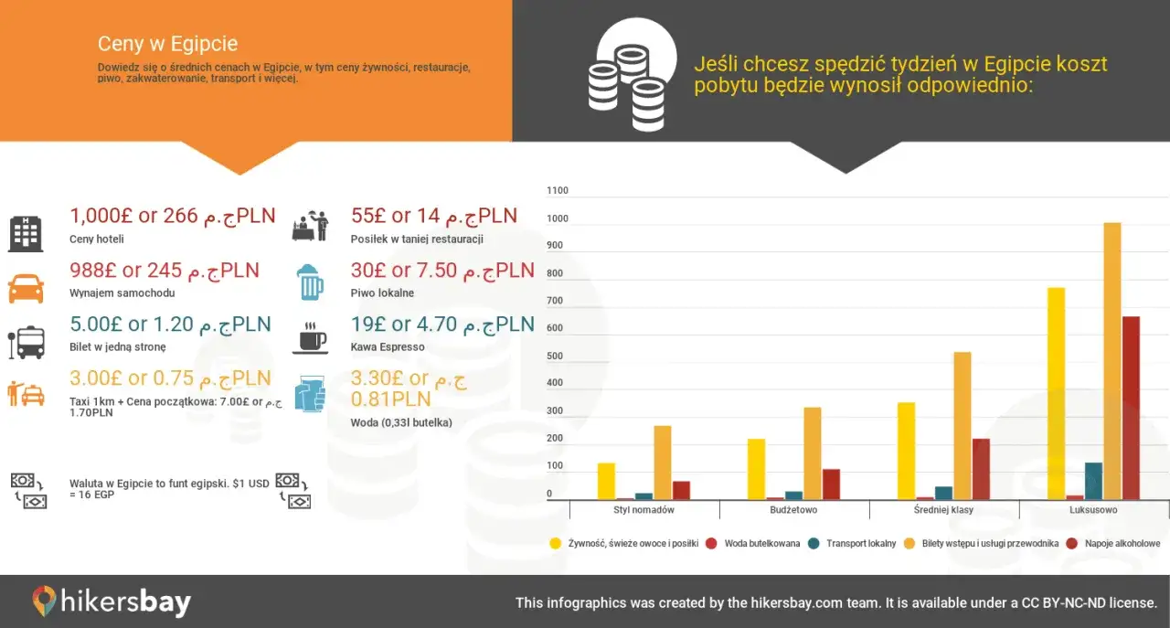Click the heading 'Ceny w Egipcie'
(x=168, y=44)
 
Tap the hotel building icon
(x=26, y=234)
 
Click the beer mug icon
(x=311, y=282)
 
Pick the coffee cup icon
(x=310, y=336)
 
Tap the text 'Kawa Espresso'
(x=388, y=347)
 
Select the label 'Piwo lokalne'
(x=382, y=293)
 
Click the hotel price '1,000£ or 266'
(x=134, y=217)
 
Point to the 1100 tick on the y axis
(x=557, y=191)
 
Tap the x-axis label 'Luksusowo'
(x=1093, y=510)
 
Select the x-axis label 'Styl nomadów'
(x=643, y=510)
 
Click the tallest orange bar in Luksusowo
(x=1111, y=361)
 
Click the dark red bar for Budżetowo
(x=831, y=484)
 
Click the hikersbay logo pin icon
(x=44, y=601)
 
